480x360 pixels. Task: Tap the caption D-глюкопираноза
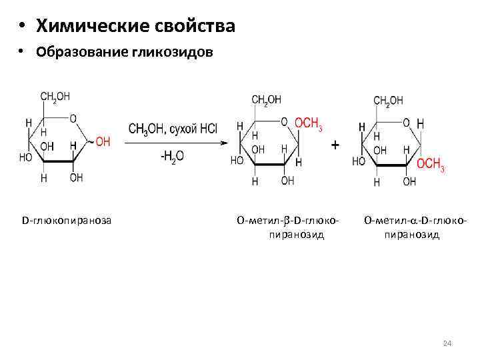click(x=67, y=219)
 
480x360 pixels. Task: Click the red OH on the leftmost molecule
click(x=103, y=141)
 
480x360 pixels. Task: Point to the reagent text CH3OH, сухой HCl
click(x=173, y=129)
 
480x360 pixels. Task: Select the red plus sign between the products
click(x=335, y=144)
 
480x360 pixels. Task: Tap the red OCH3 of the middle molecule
click(x=309, y=123)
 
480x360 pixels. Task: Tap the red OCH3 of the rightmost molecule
click(x=431, y=164)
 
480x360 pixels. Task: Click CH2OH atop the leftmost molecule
click(x=55, y=97)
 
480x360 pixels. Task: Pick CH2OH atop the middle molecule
click(x=266, y=99)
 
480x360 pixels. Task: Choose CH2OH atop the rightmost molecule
click(x=388, y=101)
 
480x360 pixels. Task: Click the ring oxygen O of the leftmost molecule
click(x=73, y=119)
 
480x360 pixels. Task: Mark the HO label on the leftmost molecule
click(x=25, y=158)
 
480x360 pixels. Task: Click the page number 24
click(x=447, y=343)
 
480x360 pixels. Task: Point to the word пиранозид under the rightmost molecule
click(x=411, y=234)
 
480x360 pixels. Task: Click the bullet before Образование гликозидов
click(x=22, y=53)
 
